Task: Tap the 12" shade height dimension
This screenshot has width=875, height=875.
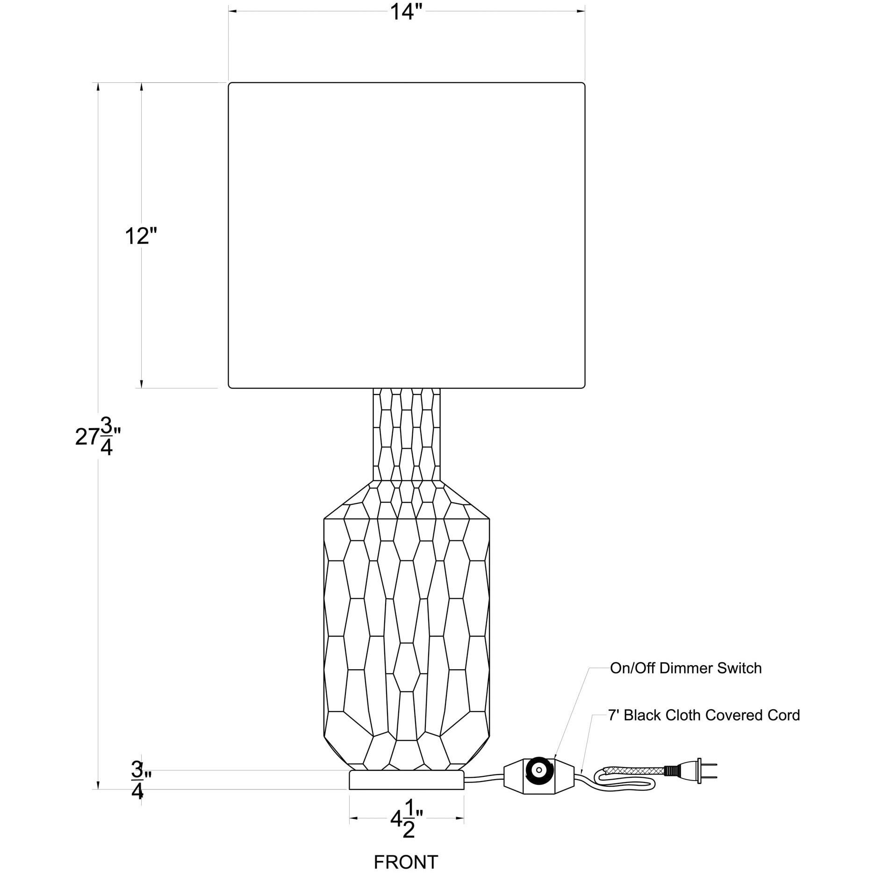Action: tap(139, 237)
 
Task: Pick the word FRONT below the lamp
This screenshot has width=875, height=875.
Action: tap(406, 862)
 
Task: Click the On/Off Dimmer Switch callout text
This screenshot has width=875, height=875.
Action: tap(686, 668)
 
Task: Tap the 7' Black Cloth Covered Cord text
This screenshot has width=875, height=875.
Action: tap(704, 715)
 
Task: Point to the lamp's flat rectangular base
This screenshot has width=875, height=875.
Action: tap(406, 780)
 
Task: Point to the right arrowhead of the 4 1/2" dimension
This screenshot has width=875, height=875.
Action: tap(460, 818)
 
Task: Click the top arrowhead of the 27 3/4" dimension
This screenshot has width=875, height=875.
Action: tap(98, 87)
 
